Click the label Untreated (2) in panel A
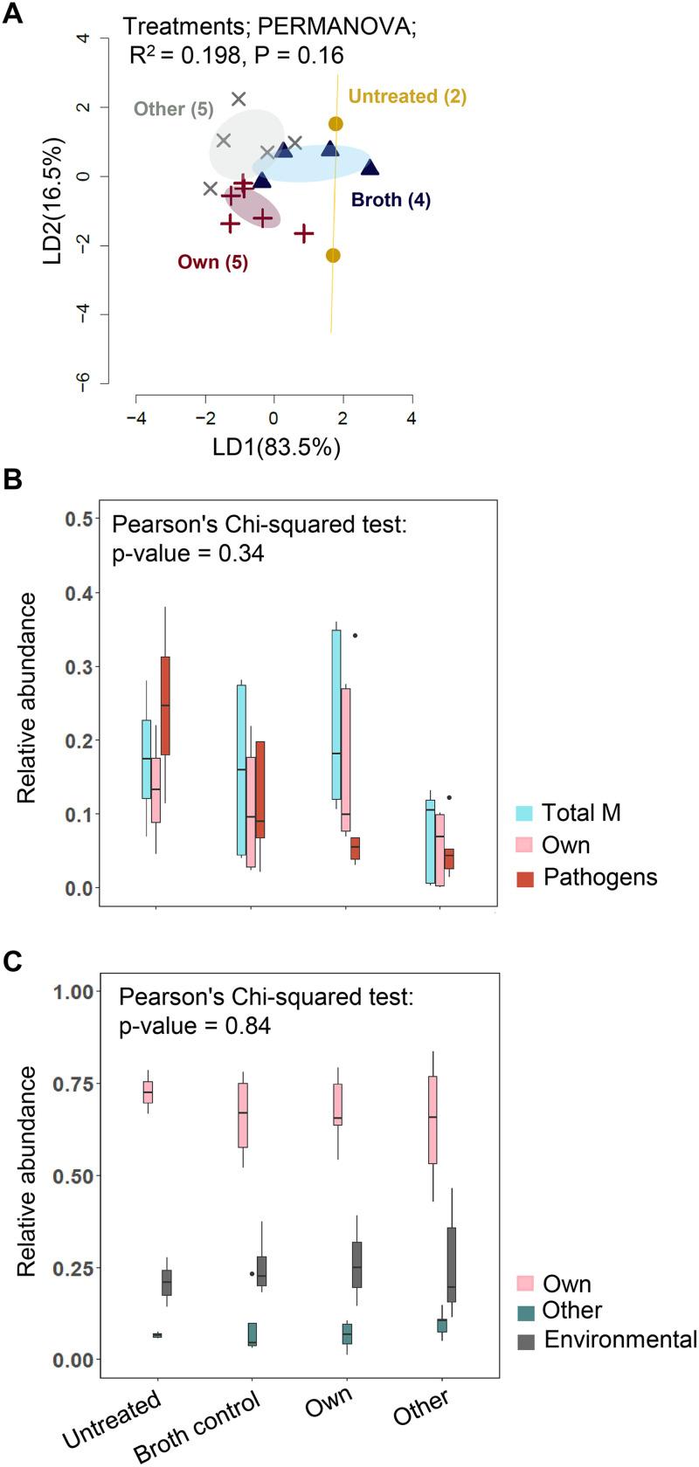(407, 96)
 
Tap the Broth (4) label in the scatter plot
(391, 200)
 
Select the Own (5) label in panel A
(212, 261)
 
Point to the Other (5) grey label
(173, 109)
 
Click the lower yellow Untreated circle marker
(333, 256)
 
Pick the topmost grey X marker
(239, 100)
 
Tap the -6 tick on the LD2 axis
(85, 382)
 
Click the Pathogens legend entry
(599, 877)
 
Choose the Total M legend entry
(581, 812)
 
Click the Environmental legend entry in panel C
(619, 1340)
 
